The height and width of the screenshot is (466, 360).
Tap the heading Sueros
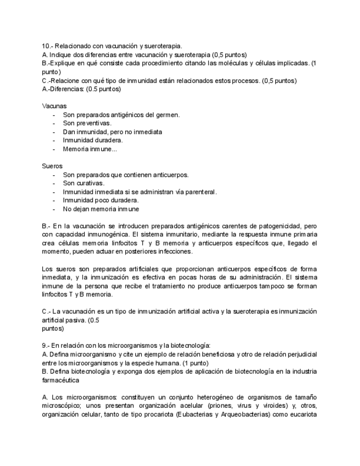(x=52, y=166)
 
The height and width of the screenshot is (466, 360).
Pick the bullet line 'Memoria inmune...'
(x=90, y=149)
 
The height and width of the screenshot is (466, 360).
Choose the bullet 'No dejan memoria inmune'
(x=101, y=209)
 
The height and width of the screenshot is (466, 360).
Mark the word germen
(x=168, y=115)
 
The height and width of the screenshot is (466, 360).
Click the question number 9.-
(x=47, y=346)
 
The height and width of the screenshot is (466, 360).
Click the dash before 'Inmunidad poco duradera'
(x=53, y=201)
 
